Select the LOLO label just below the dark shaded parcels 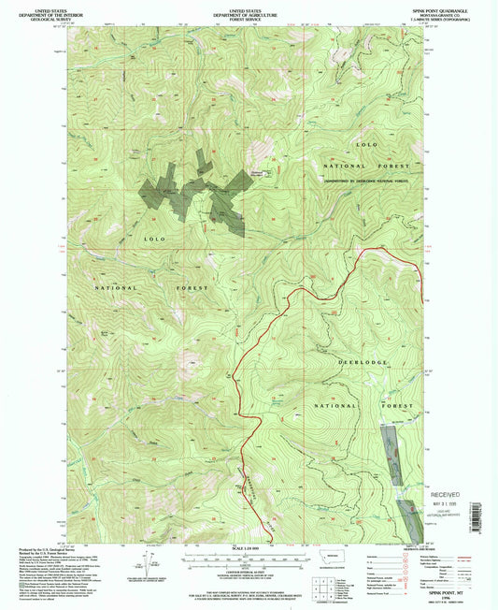coord(155,240)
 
